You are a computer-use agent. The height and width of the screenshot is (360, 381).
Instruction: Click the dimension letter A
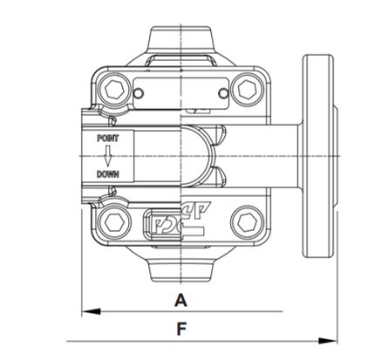180,300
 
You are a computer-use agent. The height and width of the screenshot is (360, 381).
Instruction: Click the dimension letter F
181,329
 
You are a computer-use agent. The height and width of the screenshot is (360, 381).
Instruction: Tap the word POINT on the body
108,139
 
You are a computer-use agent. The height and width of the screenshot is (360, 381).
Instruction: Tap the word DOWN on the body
108,174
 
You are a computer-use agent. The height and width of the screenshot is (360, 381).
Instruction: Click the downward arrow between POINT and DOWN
108,156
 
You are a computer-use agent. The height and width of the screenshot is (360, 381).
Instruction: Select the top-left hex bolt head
114,89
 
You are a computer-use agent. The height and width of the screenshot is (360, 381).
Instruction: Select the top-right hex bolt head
248,89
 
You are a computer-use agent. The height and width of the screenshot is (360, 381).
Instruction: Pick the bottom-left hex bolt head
114,223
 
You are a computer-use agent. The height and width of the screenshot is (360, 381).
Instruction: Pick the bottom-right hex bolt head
248,223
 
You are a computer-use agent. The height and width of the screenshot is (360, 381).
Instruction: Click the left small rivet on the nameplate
139,93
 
